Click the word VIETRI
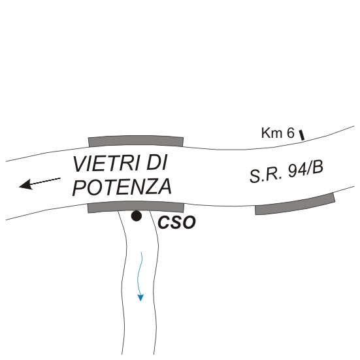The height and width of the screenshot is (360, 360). [106, 164]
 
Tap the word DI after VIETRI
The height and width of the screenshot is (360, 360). [157, 163]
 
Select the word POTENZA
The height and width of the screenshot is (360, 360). [122, 187]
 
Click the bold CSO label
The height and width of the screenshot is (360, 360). [176, 222]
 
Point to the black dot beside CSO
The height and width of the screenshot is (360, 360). [137, 216]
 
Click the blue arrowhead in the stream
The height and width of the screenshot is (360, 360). [140, 297]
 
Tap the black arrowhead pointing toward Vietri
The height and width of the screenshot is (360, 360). [25, 185]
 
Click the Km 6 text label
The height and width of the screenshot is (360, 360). [278, 133]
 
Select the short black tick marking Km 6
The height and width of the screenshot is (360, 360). [302, 135]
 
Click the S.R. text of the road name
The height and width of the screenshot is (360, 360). [266, 175]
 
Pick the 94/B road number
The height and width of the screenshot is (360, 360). [305, 169]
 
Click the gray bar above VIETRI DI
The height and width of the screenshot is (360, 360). [136, 140]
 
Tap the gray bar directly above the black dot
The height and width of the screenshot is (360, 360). [136, 206]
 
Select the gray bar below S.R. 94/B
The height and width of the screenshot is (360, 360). [295, 205]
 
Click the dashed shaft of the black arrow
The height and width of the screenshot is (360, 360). [46, 181]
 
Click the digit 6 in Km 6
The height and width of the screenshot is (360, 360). [291, 133]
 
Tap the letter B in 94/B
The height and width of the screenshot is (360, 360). [318, 167]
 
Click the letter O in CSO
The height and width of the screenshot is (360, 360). [189, 222]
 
